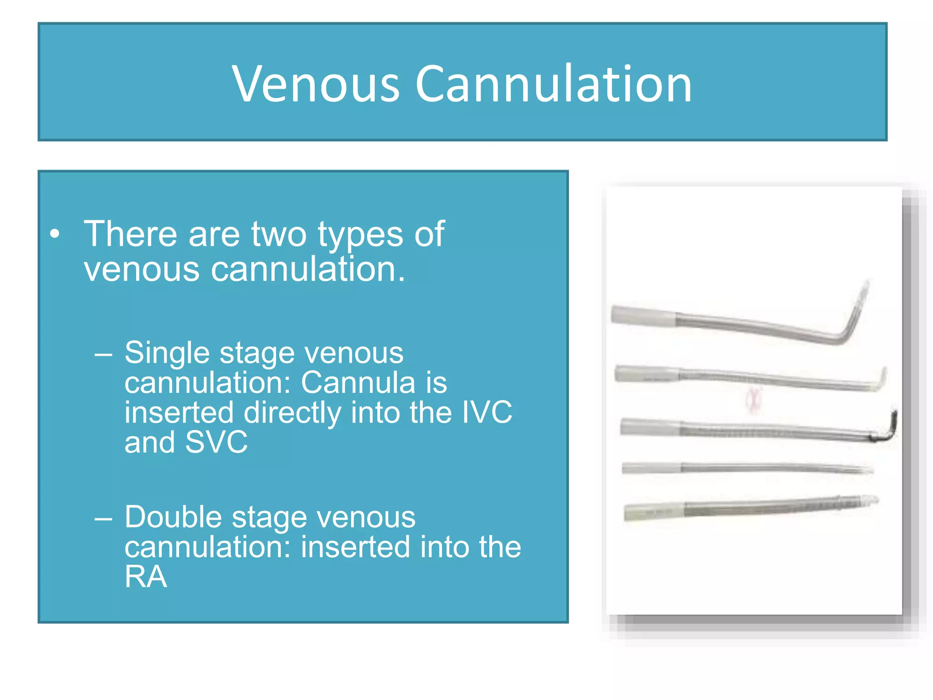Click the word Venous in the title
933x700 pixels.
pyautogui.click(x=316, y=84)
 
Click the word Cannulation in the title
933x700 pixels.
pyautogui.click(x=554, y=84)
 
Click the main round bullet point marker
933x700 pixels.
pyautogui.click(x=55, y=234)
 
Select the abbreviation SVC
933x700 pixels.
pyautogui.click(x=216, y=442)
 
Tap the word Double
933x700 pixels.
pyautogui.click(x=173, y=518)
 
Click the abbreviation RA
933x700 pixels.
pyautogui.click(x=146, y=577)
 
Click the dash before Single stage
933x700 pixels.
pyautogui.click(x=103, y=354)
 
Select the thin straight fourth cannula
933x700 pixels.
pyautogui.click(x=747, y=468)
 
